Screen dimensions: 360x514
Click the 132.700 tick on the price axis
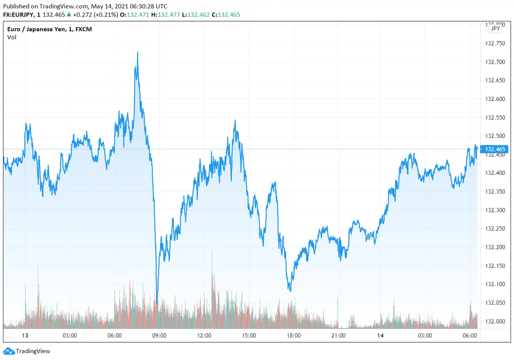(x=494, y=62)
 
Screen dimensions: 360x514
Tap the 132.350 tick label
(x=494, y=192)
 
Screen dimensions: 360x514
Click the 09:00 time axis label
(x=159, y=336)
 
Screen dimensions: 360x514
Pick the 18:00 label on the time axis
(x=294, y=336)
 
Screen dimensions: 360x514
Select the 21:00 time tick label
(x=338, y=336)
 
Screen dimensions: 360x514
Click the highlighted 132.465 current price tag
(x=495, y=149)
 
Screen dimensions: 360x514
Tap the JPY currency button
(x=495, y=28)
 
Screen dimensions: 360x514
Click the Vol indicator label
(x=12, y=37)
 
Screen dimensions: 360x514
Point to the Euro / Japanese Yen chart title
(x=50, y=29)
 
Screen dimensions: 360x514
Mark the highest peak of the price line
(x=137, y=52)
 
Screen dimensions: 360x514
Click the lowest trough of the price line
(x=157, y=303)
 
